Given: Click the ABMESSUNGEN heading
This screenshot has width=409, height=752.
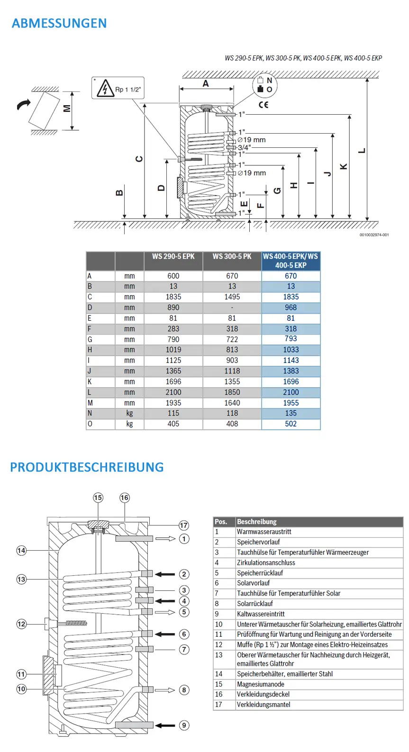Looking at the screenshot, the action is (x=59, y=23).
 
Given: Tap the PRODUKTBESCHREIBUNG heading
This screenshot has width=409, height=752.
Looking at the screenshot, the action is (x=87, y=467).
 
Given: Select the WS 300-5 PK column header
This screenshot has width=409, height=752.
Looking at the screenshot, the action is (x=232, y=256).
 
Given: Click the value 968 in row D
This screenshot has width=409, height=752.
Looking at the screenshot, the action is (x=291, y=308).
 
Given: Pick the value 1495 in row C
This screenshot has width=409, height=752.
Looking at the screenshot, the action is (x=232, y=297).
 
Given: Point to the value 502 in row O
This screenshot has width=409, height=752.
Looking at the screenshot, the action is (x=291, y=424).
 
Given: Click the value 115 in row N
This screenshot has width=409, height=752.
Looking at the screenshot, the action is (x=173, y=413).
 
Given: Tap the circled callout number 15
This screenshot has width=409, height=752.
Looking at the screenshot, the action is (x=98, y=498).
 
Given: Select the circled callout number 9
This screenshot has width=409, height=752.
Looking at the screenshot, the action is (x=184, y=725).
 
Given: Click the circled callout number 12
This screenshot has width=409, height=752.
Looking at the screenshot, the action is (x=21, y=624).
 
